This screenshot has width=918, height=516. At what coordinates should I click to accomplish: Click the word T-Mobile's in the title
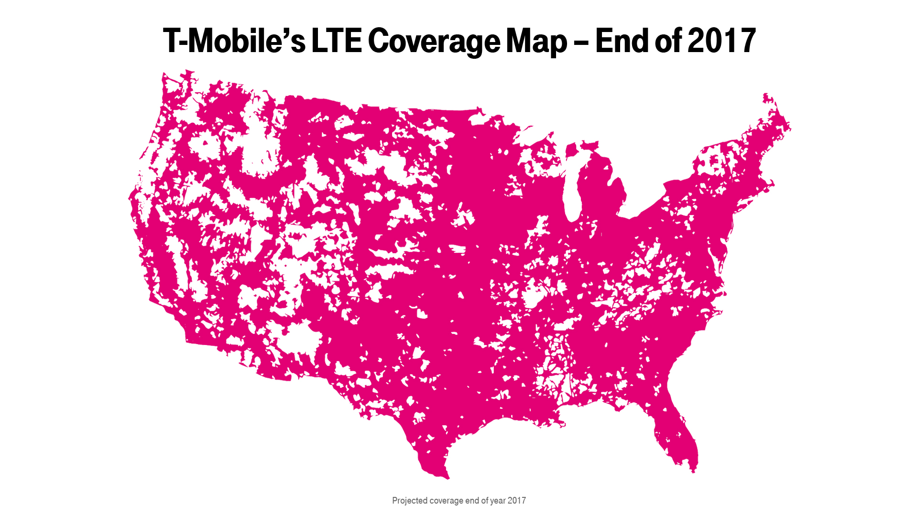point(234,41)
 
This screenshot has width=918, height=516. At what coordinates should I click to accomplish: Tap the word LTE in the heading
point(337,41)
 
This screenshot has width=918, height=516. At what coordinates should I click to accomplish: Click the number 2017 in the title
point(721,41)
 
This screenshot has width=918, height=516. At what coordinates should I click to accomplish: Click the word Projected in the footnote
point(410,501)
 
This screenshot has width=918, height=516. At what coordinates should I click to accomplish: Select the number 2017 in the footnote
point(517,501)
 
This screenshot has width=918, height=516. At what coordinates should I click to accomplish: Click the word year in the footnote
point(498,501)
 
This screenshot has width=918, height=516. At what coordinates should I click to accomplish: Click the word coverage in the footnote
point(447,501)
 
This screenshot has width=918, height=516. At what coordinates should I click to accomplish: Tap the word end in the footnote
point(472,501)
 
